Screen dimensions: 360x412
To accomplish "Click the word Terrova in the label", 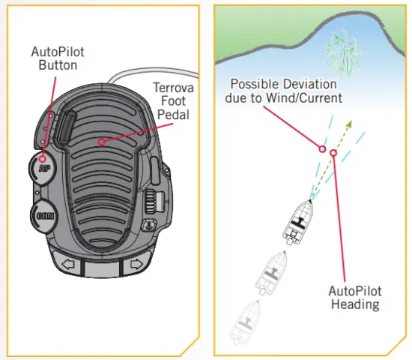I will pyautogui.click(x=169, y=87).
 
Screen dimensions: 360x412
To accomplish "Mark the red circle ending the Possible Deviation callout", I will pyautogui.click(x=322, y=148).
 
